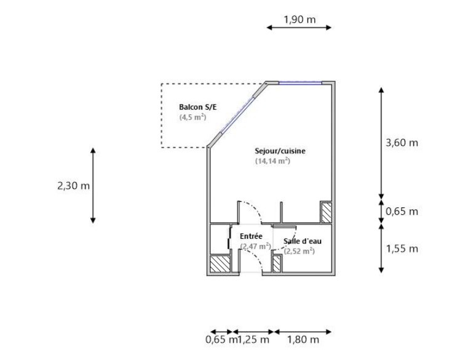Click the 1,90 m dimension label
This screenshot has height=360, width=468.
coord(299,20)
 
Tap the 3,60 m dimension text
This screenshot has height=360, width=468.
coord(402,143)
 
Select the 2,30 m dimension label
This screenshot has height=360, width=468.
coord(73,186)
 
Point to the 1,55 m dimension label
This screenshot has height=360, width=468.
coord(402,249)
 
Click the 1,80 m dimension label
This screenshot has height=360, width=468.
coord(303,340)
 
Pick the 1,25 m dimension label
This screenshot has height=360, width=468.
coord(253,340)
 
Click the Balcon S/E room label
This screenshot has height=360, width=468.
coord(198,107)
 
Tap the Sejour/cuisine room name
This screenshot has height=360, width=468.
coord(280,151)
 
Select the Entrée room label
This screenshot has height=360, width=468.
coord(251,236)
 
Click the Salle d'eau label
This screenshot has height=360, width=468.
coord(303,241)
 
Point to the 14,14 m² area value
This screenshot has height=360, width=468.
coord(272,161)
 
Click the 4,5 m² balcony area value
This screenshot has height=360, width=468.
coord(192,117)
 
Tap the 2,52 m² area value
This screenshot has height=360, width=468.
coord(299,251)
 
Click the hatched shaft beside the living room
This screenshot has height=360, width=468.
coord(326,212)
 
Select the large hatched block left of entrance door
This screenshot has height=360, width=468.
coord(220,264)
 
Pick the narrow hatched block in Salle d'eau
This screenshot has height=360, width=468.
coord(277,264)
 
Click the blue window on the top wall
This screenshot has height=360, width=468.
coord(300,82)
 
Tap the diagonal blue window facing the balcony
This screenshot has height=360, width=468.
coord(238,114)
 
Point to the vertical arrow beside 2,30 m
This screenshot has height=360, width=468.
coord(93,185)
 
